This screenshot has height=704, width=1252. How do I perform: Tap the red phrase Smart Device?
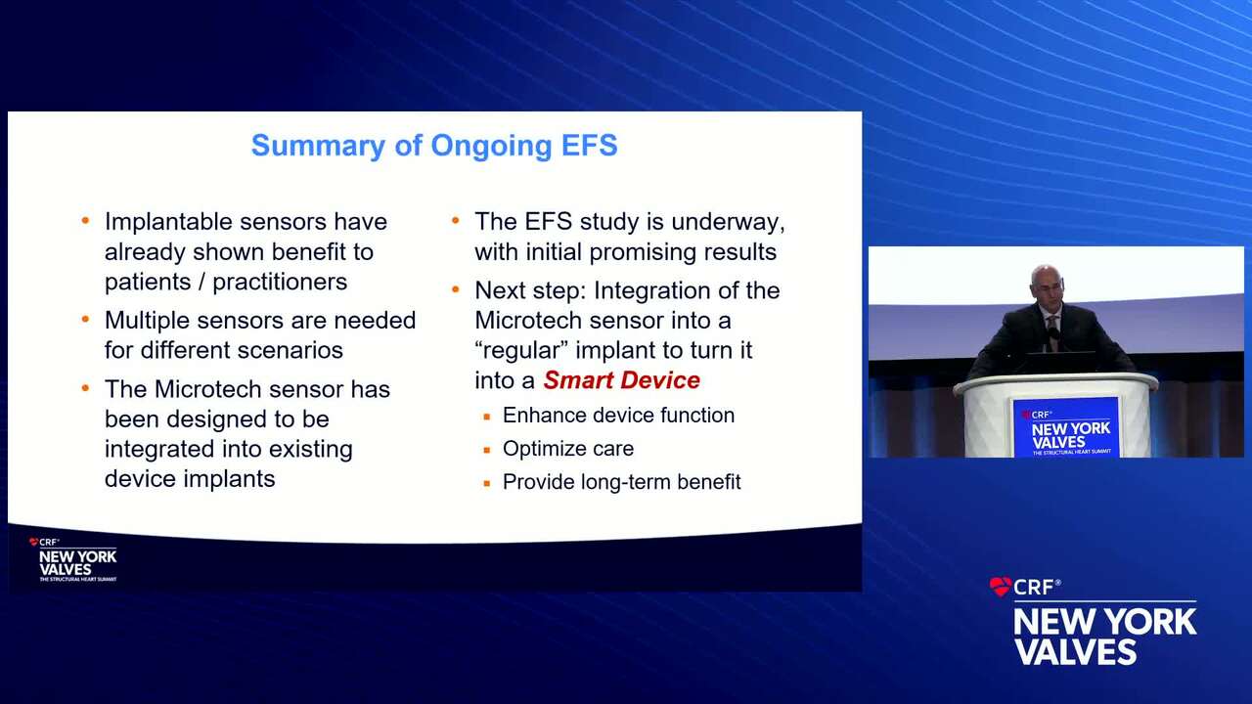[x=621, y=380]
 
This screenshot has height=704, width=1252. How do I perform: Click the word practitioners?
[x=280, y=283]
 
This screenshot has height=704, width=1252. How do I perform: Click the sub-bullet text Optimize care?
[x=568, y=449]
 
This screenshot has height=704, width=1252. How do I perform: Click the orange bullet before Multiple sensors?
[x=85, y=320]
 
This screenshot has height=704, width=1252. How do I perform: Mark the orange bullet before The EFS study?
[x=456, y=221]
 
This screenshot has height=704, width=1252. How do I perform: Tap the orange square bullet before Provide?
[x=487, y=483]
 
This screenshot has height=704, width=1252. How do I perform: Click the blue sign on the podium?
[x=1066, y=427]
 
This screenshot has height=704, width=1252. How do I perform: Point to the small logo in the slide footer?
[x=73, y=559]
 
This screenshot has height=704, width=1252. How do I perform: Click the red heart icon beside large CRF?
[x=1000, y=587]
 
